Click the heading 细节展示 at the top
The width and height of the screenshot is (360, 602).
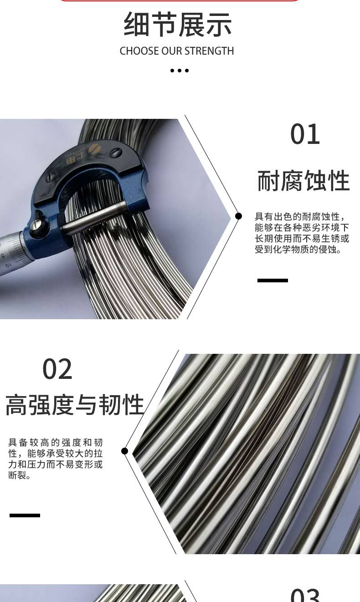[177, 24]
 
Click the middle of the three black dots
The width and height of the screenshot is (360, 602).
[180, 71]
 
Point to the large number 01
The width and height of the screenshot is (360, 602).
[305, 134]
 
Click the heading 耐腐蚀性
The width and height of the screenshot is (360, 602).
[303, 181]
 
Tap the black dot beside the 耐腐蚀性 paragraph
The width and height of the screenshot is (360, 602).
[238, 216]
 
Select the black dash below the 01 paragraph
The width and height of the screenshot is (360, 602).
[273, 281]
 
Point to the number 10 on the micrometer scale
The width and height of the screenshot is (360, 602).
[9, 265]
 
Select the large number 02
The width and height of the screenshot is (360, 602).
[57, 369]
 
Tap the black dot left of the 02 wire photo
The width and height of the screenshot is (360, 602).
[124, 451]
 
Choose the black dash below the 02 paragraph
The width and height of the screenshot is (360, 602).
[25, 515]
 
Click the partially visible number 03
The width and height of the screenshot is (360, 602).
[305, 595]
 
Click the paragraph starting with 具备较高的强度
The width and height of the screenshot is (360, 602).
[56, 459]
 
